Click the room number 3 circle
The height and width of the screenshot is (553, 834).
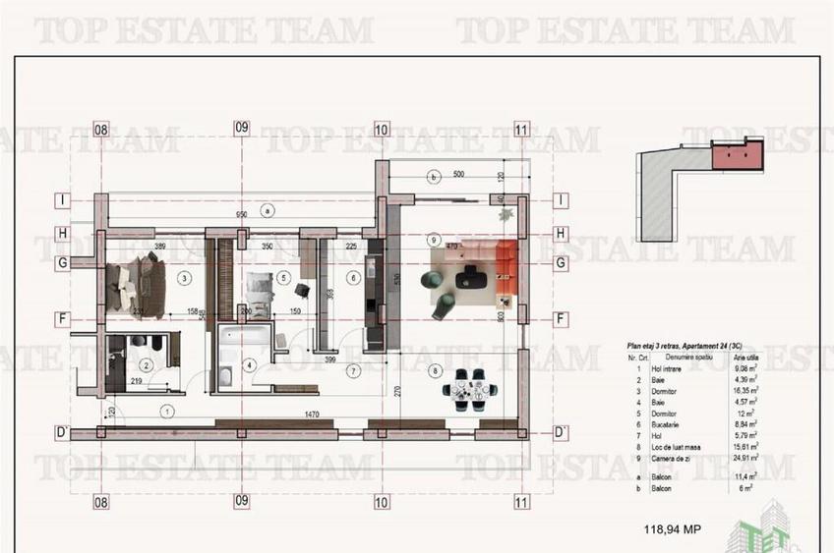pos(183,278)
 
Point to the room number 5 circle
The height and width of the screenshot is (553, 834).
pos(283,278)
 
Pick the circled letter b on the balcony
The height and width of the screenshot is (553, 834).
pos(434,177)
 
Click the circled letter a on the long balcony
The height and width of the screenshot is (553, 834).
pos(268,209)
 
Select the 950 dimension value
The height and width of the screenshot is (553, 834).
pos(241,214)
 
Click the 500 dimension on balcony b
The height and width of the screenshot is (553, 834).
pos(458,175)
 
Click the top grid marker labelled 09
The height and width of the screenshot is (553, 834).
pos(241,128)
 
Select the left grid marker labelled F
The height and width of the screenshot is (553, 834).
pos(62,319)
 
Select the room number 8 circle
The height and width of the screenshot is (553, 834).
pos(434,370)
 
